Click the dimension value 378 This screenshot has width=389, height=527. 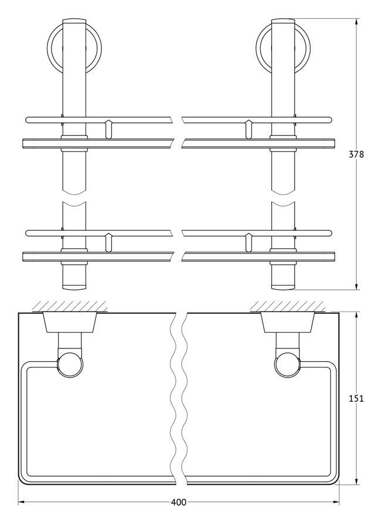coord(356,154)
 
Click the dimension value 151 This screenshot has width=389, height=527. coord(356,399)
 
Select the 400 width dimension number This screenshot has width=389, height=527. coord(179,502)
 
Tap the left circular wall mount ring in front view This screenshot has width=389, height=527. coord(74,48)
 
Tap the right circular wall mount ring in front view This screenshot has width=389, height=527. coord(283,48)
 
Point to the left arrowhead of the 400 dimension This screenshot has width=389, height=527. coord(21,502)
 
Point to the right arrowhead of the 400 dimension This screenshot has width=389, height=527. coord(336,502)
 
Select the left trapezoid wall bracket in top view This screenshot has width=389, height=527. coord(70,323)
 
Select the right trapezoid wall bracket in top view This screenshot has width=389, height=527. coord(288,323)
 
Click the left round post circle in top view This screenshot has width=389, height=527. coord(70,365)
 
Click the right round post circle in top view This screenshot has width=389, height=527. coord(288,365)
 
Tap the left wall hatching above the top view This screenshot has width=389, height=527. coord(70,306)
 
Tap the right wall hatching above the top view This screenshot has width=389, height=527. coord(288,306)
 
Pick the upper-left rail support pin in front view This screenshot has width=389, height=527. coord(108,129)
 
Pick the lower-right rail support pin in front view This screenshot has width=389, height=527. coord(248,242)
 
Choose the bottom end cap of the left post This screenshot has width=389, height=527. coord(74,287)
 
